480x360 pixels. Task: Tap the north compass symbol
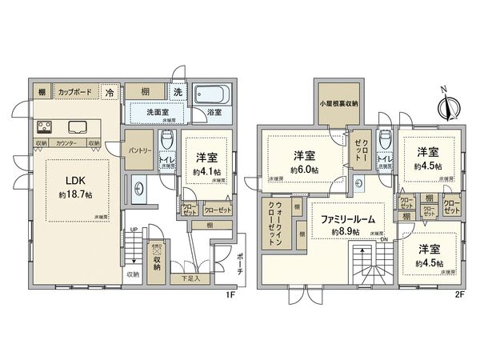448,103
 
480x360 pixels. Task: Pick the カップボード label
78,93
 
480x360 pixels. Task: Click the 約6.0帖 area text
304,170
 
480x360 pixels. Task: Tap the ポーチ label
239,266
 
